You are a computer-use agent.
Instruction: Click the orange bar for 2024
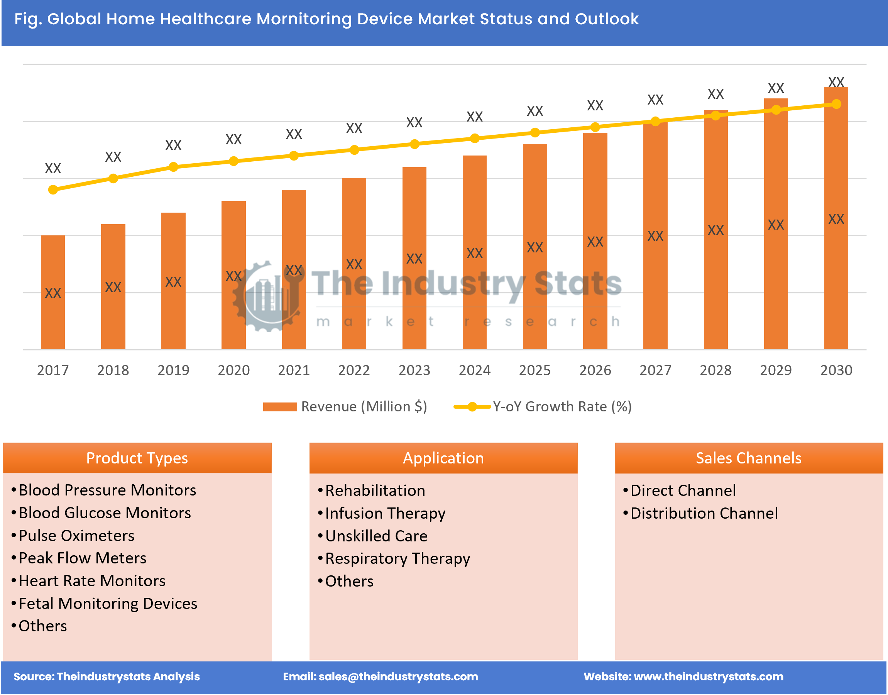475,252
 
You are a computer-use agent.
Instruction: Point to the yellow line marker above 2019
173,167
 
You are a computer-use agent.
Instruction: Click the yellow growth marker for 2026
595,127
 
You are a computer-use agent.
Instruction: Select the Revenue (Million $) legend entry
345,406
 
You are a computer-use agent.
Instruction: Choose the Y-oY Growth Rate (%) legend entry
543,406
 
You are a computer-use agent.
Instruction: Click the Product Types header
137,458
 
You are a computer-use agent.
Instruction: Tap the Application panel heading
443,458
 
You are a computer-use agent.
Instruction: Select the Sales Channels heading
748,458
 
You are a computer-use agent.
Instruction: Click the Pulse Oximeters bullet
76,536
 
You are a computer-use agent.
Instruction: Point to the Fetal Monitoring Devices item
108,604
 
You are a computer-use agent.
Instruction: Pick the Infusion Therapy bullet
385,513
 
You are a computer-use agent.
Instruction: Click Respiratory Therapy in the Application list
397,558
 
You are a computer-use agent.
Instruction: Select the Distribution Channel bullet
704,513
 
